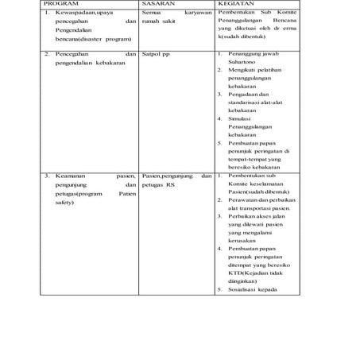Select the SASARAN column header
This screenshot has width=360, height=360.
[x=159, y=4]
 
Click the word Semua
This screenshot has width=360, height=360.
[x=150, y=14]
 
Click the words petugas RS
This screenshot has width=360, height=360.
[x=159, y=184]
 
